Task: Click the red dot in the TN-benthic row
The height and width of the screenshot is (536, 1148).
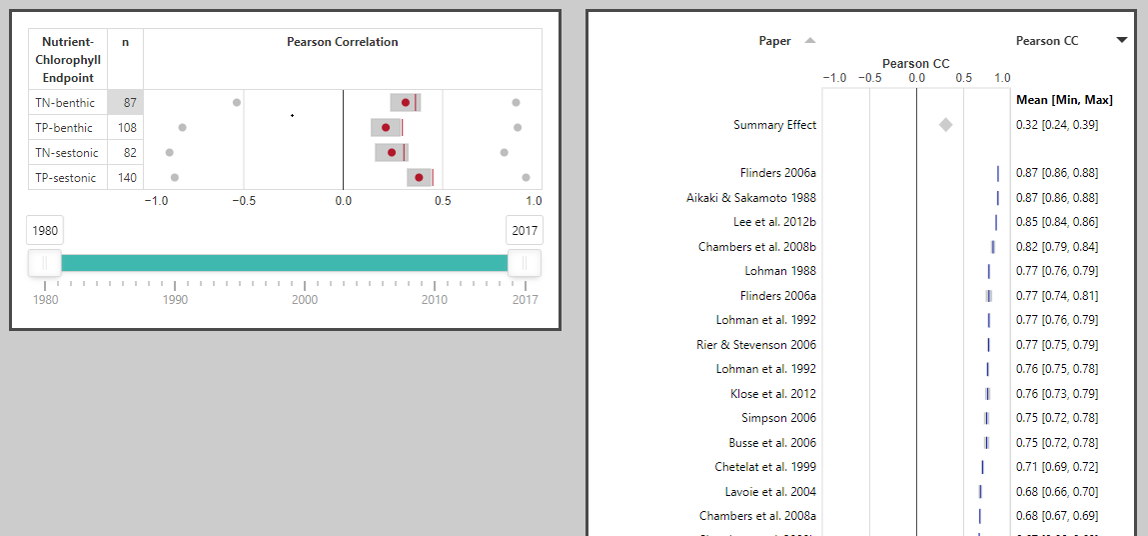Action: point(406,102)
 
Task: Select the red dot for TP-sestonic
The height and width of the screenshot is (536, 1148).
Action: point(419,178)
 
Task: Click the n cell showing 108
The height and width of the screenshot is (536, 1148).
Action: point(126,128)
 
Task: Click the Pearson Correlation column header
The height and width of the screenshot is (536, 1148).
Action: point(342,42)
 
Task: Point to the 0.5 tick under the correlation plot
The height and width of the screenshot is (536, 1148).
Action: point(442,200)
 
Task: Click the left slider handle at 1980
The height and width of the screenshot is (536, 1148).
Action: point(45,263)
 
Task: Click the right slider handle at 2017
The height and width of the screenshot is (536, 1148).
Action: point(524,263)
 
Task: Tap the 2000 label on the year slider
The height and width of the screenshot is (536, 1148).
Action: point(305,300)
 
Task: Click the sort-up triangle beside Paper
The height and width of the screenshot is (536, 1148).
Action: point(810,41)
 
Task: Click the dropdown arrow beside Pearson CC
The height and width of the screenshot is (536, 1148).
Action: point(1122,41)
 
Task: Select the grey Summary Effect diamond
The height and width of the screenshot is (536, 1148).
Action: point(945,125)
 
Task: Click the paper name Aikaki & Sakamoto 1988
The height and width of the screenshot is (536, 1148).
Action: point(751,198)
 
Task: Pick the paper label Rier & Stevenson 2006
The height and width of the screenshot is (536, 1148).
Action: point(756,345)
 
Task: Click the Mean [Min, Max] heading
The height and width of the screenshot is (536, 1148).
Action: point(1064,100)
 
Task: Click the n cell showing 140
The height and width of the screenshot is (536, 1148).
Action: point(126,178)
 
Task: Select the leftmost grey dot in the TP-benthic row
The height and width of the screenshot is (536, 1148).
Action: point(183,128)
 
